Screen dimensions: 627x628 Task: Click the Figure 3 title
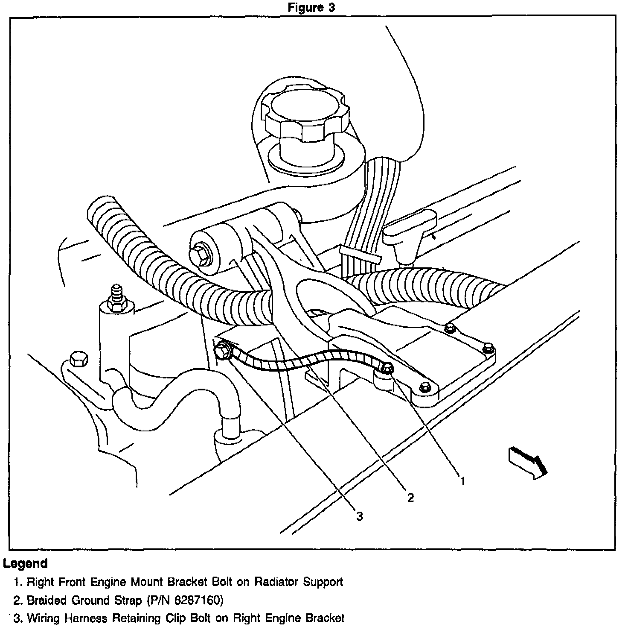[x=311, y=8]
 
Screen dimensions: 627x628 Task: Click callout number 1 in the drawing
[x=462, y=481]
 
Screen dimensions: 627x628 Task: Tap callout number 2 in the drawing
[x=410, y=498]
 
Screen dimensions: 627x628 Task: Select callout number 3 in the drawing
[x=360, y=516]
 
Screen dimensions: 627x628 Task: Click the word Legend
[x=26, y=563]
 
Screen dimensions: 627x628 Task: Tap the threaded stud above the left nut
[x=115, y=293]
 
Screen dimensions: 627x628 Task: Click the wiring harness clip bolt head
[x=222, y=350]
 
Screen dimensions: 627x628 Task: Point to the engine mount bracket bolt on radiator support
[x=387, y=369]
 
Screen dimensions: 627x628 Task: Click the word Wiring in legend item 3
[x=44, y=618]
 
